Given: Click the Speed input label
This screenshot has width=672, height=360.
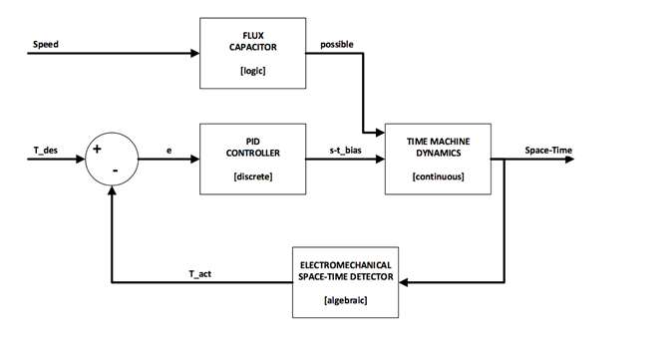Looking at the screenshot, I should (45, 44).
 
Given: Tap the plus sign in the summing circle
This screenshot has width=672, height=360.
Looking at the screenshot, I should (98, 150).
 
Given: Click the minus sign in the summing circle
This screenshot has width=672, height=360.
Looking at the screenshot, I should (116, 171).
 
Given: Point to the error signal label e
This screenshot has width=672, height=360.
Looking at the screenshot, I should (168, 149).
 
